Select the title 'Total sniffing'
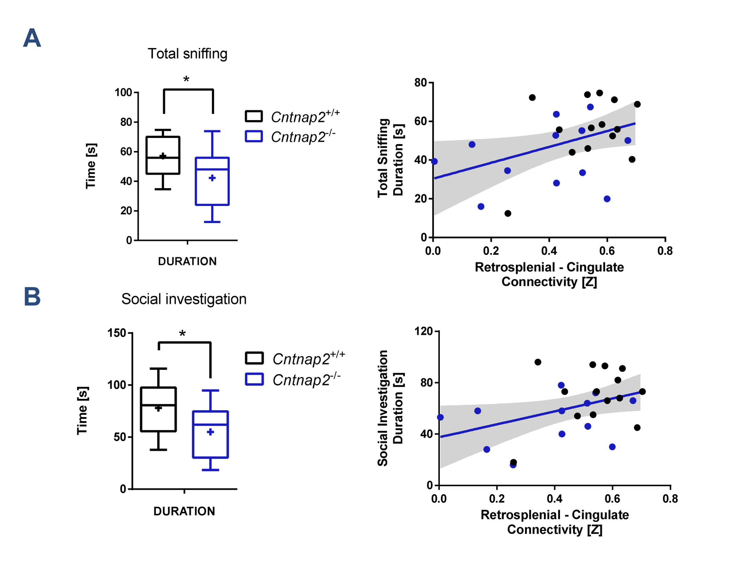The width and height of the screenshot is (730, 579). point(187,54)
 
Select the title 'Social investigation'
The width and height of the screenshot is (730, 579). point(184,299)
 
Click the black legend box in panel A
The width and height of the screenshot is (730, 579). point(254,116)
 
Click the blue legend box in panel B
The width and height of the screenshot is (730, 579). point(254,380)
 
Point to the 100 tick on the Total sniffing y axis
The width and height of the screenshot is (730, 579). point(123,93)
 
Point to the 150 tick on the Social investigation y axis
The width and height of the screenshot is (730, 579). point(117,333)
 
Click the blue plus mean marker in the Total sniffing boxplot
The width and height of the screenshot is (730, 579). point(212,178)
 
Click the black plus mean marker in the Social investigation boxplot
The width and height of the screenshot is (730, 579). point(158,408)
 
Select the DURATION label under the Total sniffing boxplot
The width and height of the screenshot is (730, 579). point(187,262)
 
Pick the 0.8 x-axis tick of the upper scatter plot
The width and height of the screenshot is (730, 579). point(665,251)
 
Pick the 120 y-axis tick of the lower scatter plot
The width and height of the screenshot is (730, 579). point(424,331)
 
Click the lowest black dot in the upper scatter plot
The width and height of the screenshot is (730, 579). point(508,213)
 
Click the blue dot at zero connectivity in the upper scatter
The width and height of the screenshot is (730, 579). point(434,161)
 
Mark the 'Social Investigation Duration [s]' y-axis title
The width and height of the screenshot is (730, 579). point(390,408)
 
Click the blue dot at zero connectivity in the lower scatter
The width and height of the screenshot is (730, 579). point(440,417)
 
